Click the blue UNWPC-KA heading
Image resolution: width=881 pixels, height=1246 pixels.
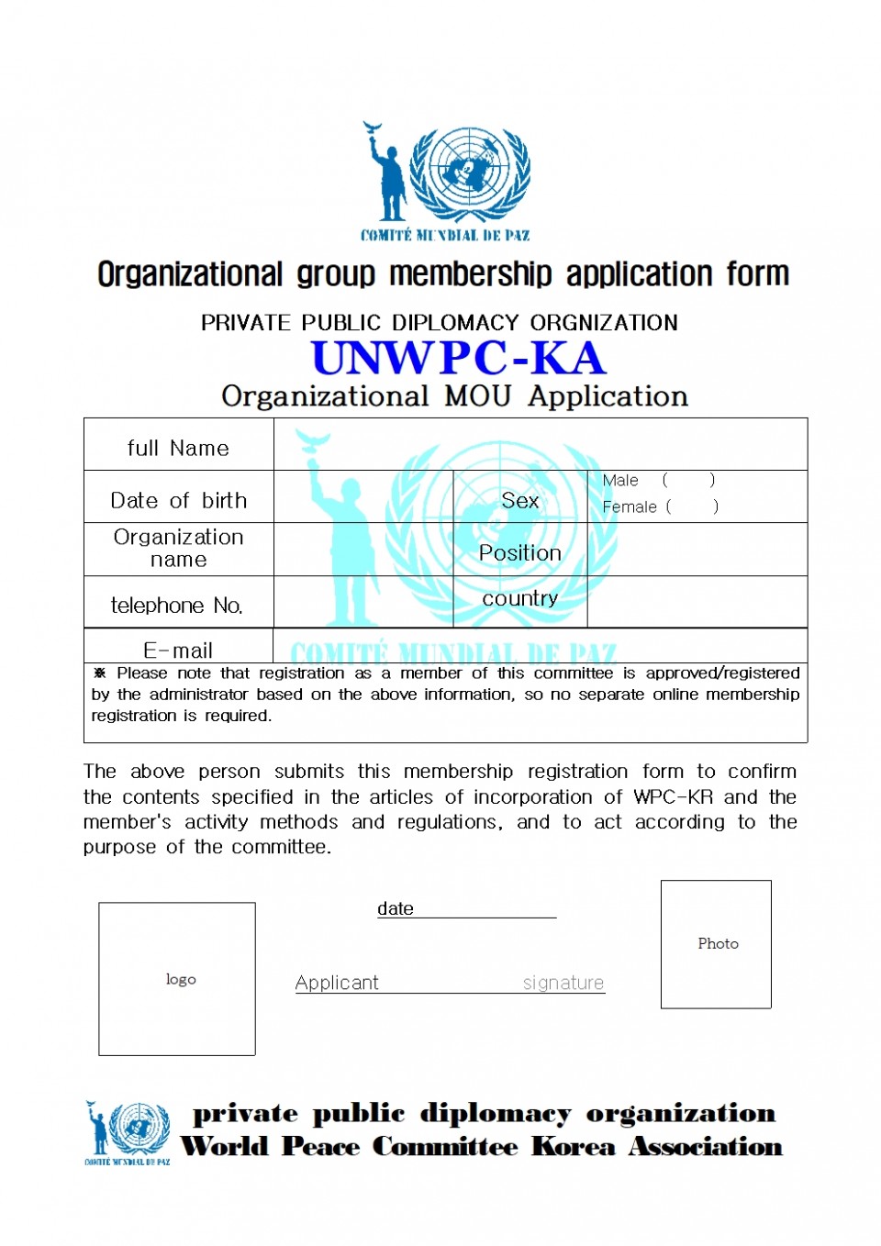pos(459,358)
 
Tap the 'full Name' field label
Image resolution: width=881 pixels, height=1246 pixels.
pos(178,448)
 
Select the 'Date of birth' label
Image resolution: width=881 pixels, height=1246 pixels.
pos(178,500)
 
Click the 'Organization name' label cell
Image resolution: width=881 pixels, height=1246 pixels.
pos(178,548)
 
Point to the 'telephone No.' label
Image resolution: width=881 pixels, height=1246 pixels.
pos(177,606)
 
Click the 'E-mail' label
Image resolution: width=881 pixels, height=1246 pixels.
pos(178,650)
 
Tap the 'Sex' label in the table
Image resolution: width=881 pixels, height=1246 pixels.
pos(520,500)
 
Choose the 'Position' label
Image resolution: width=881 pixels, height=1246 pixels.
pos(520,553)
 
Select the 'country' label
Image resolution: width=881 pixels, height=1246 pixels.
pos(520,598)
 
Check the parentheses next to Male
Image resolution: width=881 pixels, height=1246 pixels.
pos(688,480)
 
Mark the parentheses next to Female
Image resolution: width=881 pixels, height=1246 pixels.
pos(692,506)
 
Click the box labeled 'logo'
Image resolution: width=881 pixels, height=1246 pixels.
pos(177,979)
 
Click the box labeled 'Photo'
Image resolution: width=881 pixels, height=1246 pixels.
pos(716,944)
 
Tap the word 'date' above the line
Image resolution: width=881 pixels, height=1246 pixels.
pos(396,908)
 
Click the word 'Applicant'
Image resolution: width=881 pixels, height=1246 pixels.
pos(337,983)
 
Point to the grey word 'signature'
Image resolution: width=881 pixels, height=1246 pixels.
pos(563,983)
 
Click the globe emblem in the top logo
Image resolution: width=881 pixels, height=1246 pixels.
pos(469,171)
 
